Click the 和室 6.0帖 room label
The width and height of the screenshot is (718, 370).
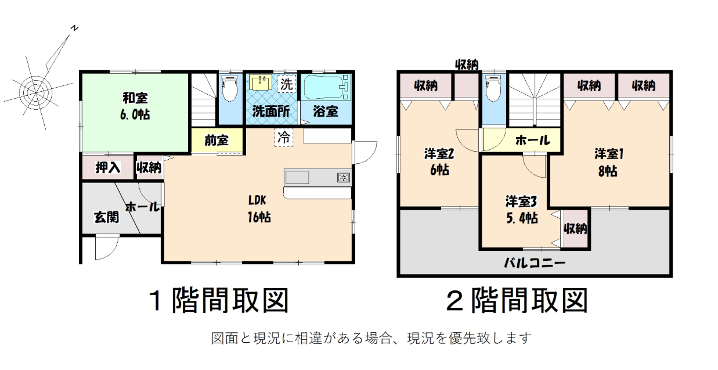[135, 106]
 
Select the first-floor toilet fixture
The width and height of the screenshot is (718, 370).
[230, 88]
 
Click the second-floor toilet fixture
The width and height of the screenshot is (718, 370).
[493, 88]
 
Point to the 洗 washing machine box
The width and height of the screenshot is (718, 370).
[287, 84]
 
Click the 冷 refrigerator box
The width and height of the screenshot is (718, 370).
[284, 138]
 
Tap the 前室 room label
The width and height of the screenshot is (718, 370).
[217, 140]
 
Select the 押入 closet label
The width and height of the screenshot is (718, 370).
[108, 167]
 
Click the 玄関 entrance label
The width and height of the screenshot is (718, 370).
[106, 217]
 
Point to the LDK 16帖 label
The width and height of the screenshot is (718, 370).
[259, 209]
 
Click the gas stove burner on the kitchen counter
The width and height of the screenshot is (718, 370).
[344, 177]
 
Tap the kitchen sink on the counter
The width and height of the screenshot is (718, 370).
[297, 177]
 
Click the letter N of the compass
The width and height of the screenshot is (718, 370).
[74, 28]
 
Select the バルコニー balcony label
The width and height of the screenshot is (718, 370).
[535, 263]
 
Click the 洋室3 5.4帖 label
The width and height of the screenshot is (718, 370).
[521, 210]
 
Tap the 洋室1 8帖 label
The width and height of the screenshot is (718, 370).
[608, 163]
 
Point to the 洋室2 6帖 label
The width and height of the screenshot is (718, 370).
[439, 162]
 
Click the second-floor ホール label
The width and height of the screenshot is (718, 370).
[532, 140]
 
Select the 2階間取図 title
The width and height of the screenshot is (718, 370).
[517, 300]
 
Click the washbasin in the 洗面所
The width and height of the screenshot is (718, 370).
[260, 82]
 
